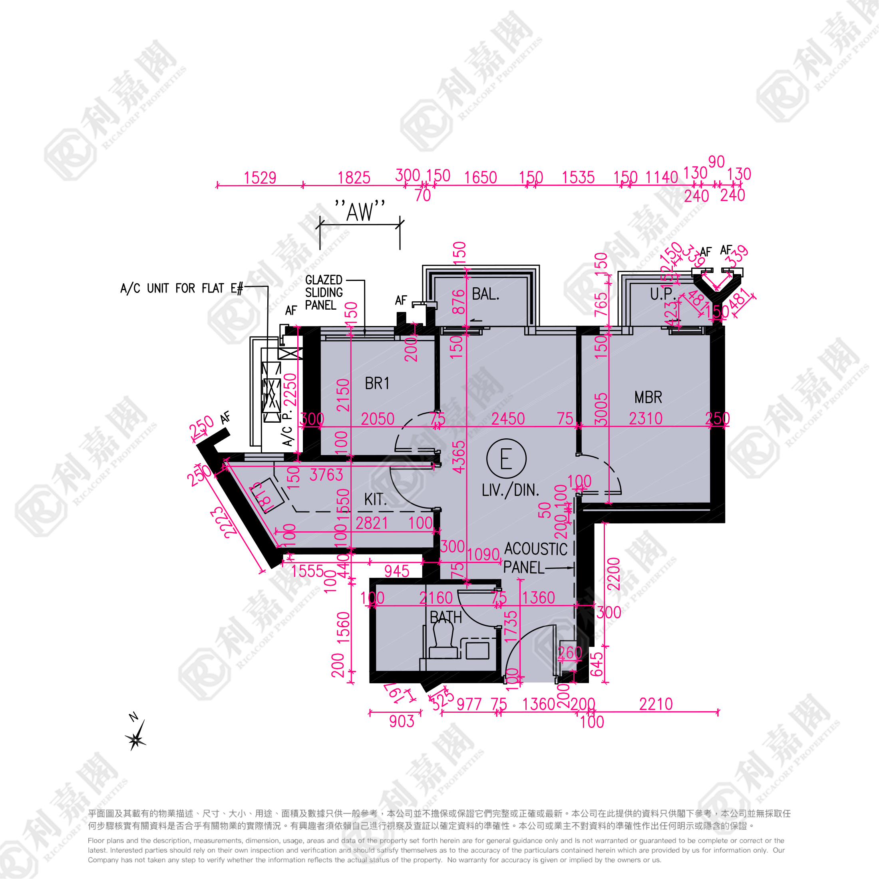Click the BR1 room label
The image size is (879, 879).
point(377,384)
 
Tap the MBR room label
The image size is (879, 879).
point(648,398)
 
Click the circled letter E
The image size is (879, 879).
point(506,459)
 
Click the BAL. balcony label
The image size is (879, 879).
point(485,294)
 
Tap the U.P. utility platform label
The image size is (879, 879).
point(662,295)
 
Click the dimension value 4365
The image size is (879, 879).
point(459,457)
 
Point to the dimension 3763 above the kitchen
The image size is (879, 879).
point(326,475)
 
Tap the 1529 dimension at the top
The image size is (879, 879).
point(260,178)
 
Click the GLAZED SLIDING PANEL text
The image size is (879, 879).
point(324,292)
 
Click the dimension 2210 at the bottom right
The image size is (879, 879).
point(656,704)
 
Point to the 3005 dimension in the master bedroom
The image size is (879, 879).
point(601,409)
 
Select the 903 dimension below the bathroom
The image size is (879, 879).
point(401,722)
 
